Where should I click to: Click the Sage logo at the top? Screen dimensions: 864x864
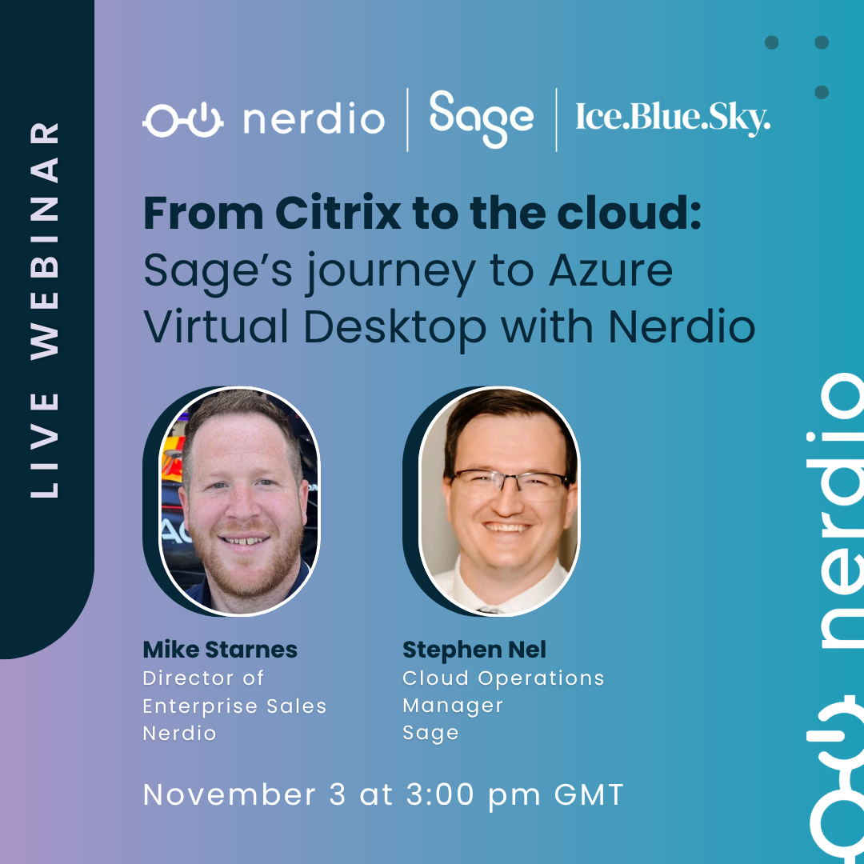click(x=481, y=119)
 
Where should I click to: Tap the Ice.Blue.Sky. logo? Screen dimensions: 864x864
click(x=673, y=118)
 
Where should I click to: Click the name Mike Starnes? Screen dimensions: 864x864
click(x=220, y=649)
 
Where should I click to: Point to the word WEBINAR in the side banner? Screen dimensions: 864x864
click(x=46, y=239)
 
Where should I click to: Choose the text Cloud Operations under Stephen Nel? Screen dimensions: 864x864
click(x=503, y=678)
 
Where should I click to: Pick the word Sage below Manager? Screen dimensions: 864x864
click(x=430, y=734)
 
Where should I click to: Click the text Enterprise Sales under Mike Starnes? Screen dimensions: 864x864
click(x=234, y=706)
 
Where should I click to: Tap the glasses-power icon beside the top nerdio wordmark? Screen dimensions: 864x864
click(x=184, y=119)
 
